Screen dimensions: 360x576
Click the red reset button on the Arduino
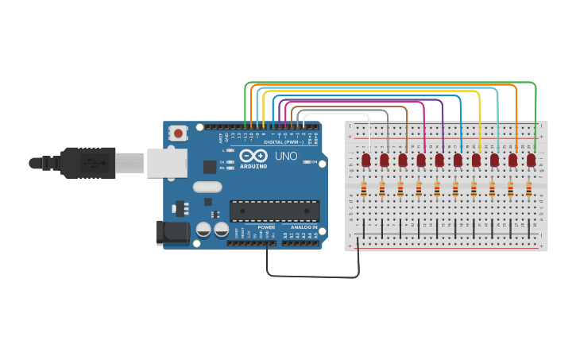[x=179, y=133]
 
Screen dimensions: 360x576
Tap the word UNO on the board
[x=286, y=156]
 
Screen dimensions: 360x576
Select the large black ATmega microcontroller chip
[x=274, y=211]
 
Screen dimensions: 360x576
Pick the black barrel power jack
[x=173, y=232]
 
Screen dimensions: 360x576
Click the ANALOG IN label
[x=303, y=227]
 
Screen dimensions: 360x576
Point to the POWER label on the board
[x=265, y=227]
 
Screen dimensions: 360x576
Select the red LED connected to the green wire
[x=531, y=161]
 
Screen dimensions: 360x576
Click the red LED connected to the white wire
[x=366, y=161]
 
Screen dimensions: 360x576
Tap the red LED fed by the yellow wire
[x=476, y=161]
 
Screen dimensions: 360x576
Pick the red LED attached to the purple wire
[x=439, y=161]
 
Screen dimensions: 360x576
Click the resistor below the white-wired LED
[x=364, y=189]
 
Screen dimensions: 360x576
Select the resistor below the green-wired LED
[x=528, y=189]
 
